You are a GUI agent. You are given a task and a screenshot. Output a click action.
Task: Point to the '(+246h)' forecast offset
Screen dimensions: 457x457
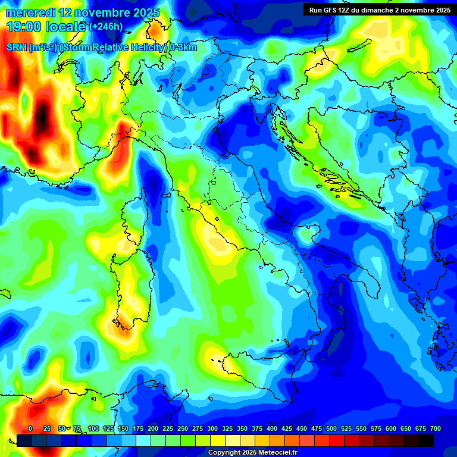tap(107, 26)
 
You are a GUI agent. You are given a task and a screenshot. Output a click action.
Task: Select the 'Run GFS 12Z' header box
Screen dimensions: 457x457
tap(379, 10)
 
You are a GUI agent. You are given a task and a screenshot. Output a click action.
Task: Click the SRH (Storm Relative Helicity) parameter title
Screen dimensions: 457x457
tap(101, 48)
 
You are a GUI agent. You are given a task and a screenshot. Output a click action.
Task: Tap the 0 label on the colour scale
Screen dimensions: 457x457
tap(30, 428)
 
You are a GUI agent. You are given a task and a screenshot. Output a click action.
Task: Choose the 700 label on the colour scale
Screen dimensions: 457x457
tap(435, 428)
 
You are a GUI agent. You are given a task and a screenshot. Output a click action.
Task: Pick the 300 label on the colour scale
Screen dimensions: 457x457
tap(212, 428)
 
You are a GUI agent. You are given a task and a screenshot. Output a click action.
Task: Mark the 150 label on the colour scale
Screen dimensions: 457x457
tap(123, 428)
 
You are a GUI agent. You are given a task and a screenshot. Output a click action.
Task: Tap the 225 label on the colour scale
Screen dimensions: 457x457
tap(168, 428)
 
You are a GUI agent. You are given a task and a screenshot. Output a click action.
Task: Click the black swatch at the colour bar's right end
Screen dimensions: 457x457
tap(425, 440)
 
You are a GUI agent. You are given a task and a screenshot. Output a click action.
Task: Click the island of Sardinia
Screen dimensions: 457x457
tap(132, 286)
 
